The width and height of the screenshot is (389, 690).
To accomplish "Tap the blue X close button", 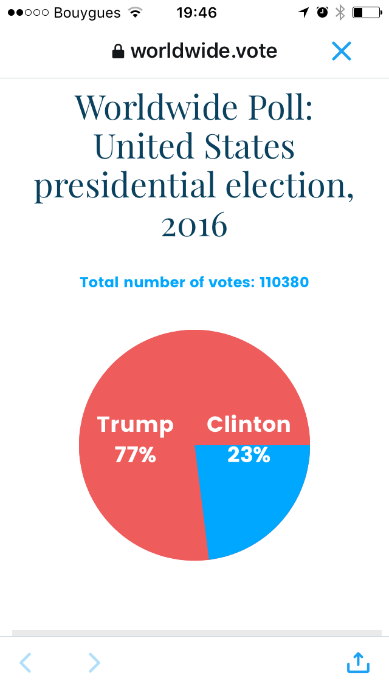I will pyautogui.click(x=342, y=51).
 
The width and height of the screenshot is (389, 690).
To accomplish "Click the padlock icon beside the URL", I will pyautogui.click(x=118, y=52).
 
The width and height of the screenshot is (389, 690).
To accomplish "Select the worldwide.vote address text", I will pyautogui.click(x=204, y=51).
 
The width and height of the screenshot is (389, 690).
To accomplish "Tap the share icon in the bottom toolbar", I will pyautogui.click(x=358, y=662).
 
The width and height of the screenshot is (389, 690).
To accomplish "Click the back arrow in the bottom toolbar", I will pyautogui.click(x=25, y=662).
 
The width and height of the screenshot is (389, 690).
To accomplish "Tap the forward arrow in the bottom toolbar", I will pyautogui.click(x=94, y=662).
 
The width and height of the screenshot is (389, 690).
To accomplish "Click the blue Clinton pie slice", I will pyautogui.click(x=255, y=504).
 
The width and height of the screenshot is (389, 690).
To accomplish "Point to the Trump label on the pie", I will pyautogui.click(x=136, y=425).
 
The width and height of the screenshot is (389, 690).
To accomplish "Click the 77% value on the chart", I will pyautogui.click(x=136, y=454).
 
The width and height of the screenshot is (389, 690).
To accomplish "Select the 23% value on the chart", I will pyautogui.click(x=249, y=454).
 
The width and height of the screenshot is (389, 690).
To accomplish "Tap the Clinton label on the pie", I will pyautogui.click(x=249, y=425).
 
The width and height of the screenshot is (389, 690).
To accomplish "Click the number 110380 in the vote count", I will pyautogui.click(x=284, y=282).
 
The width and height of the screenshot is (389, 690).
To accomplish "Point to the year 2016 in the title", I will pyautogui.click(x=194, y=226).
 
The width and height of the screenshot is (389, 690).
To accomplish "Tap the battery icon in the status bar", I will pyautogui.click(x=365, y=12).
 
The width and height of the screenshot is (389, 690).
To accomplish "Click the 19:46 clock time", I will pyautogui.click(x=196, y=12).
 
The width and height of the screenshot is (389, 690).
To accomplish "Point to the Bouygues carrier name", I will pyautogui.click(x=88, y=12).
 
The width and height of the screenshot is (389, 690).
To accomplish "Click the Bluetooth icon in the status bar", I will pyautogui.click(x=340, y=12).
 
